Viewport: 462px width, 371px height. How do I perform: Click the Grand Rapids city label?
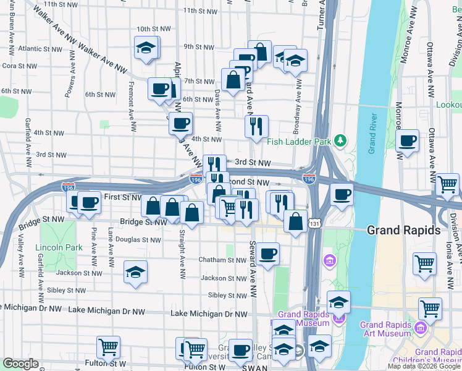click(x=403, y=230)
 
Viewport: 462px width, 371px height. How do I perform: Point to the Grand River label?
click(x=372, y=134)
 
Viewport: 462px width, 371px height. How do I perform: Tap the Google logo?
click(x=20, y=364)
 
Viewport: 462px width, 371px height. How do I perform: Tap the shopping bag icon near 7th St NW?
click(x=233, y=80)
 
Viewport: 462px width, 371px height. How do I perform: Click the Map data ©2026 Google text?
click(x=424, y=366)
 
